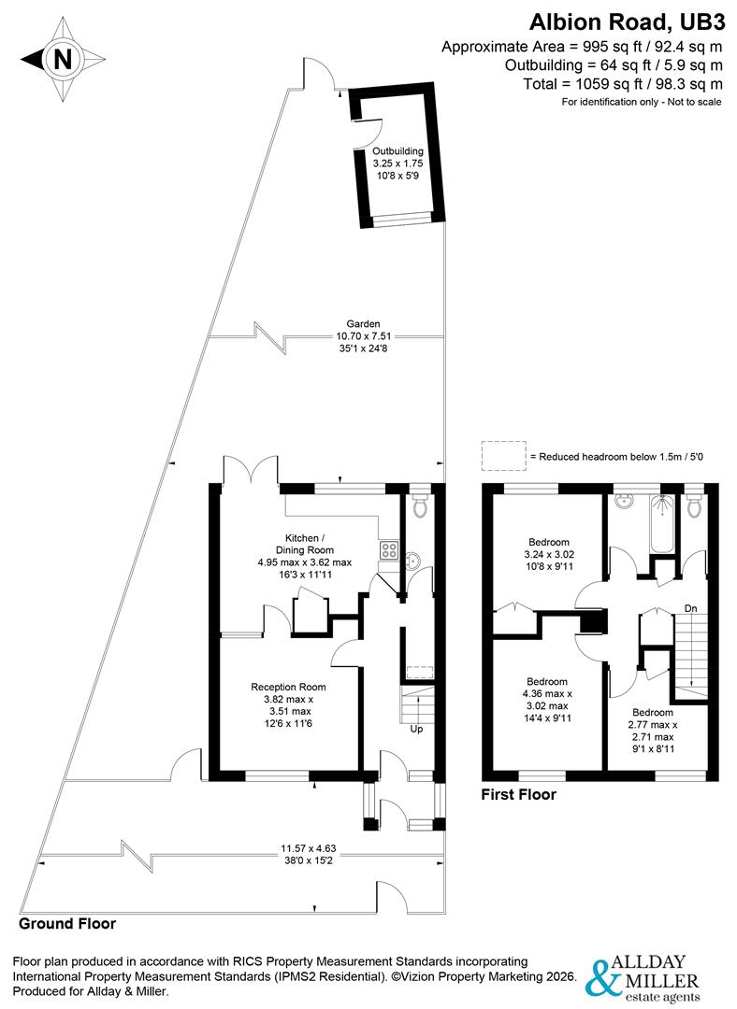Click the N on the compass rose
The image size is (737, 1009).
point(63,60)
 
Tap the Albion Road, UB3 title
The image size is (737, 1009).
point(626,21)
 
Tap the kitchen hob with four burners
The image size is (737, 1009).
point(389,550)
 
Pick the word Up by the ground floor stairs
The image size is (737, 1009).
point(416,730)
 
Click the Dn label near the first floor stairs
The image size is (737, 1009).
point(690,609)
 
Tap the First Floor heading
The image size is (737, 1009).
point(518,795)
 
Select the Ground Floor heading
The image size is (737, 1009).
point(67,924)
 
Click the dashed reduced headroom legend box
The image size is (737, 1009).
point(503,456)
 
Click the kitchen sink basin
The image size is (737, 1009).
point(412,561)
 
